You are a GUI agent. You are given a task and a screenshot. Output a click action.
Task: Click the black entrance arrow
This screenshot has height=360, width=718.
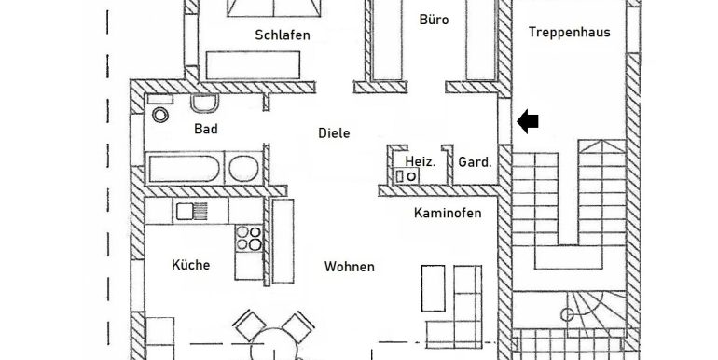[x=528, y=119]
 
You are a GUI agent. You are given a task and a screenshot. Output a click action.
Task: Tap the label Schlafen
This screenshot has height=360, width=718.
[x=282, y=35]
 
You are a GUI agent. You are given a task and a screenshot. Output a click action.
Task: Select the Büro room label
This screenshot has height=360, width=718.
[x=434, y=18]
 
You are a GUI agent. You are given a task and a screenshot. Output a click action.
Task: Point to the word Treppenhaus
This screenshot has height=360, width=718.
[x=569, y=32]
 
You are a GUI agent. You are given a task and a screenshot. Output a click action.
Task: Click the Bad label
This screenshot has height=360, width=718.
[x=205, y=129]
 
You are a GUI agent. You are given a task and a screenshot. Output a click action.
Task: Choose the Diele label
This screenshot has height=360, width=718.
[x=334, y=133]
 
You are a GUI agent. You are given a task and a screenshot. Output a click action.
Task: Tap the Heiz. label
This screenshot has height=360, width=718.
[x=420, y=162]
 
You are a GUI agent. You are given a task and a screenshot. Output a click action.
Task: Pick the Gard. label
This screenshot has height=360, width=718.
[x=474, y=162]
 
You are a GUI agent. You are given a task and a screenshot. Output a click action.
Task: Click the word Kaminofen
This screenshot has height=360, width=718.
[x=448, y=214]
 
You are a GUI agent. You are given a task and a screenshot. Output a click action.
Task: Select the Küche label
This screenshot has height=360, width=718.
[x=190, y=265]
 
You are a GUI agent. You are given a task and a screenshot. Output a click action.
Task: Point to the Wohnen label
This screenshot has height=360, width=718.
[x=349, y=267]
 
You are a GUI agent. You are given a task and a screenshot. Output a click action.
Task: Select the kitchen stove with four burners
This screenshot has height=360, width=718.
[x=248, y=239]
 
